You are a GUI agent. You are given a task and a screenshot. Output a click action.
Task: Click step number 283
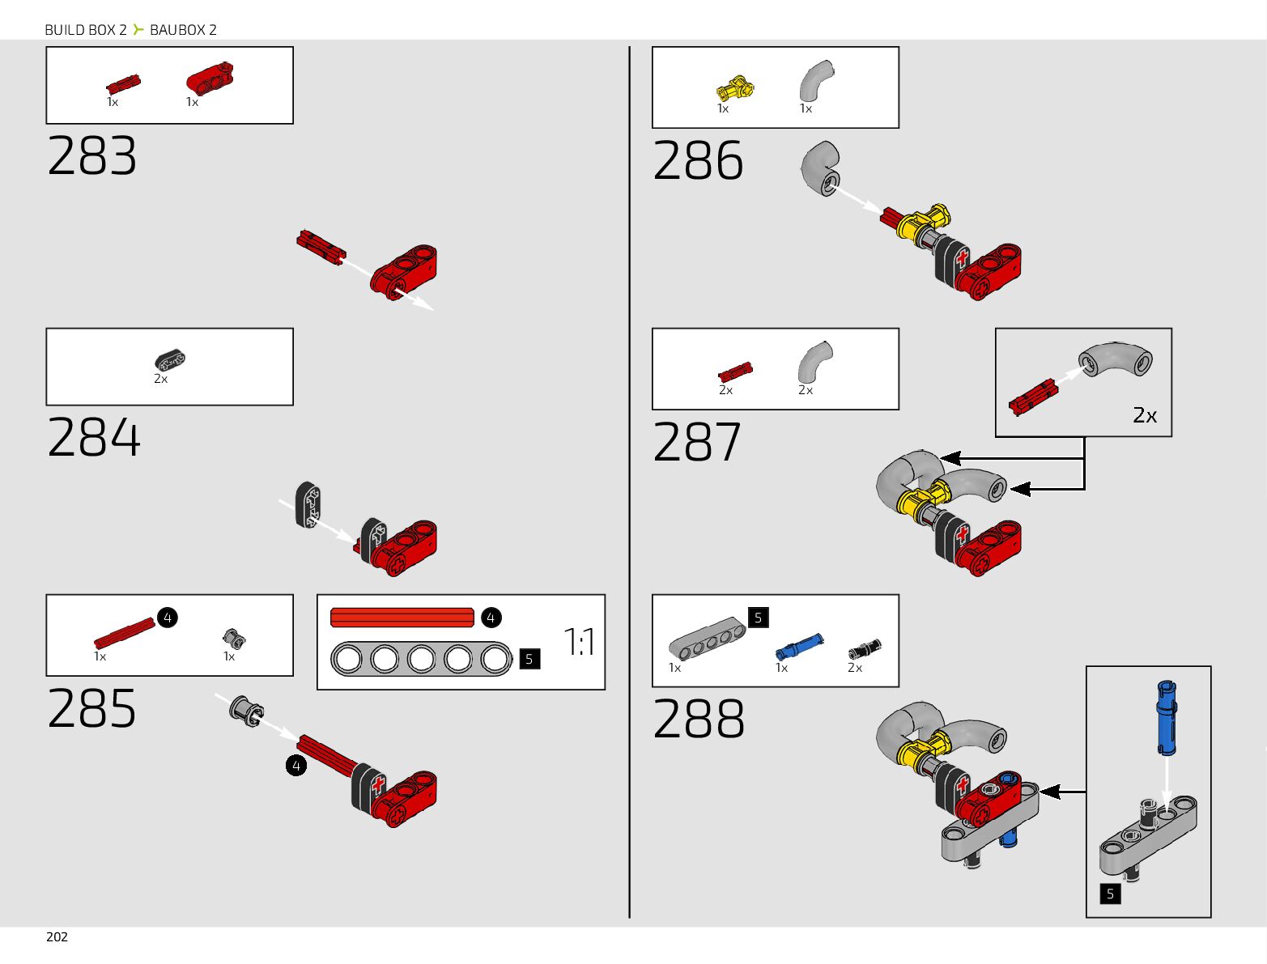[92, 156]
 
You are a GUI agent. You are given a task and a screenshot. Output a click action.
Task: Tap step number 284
[94, 438]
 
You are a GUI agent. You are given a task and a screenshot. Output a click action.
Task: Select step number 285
[92, 709]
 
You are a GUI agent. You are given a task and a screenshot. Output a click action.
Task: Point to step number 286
[698, 161]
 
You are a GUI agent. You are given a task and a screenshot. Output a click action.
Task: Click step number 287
[697, 443]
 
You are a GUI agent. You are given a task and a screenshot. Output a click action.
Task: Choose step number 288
[699, 720]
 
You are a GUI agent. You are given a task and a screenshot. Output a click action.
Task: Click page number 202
[57, 936]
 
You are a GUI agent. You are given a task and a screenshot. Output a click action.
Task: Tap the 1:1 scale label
[580, 642]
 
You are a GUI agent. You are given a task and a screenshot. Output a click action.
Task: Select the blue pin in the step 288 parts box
[799, 646]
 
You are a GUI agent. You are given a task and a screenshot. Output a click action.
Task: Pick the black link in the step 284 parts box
[170, 359]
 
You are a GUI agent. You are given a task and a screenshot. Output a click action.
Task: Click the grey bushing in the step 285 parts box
[234, 639]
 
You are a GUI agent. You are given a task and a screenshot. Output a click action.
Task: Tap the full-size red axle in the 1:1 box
[402, 618]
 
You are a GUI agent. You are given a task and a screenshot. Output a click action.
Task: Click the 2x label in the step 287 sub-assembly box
[1145, 415]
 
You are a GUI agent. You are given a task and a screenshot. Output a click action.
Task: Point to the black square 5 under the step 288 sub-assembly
[1110, 894]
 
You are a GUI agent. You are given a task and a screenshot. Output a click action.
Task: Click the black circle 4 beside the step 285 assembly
[296, 765]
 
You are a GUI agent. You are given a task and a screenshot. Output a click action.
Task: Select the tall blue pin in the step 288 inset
[1166, 716]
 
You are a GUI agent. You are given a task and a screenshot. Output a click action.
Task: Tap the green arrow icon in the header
[138, 30]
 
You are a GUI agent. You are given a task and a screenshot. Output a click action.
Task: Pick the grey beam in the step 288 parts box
[707, 638]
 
